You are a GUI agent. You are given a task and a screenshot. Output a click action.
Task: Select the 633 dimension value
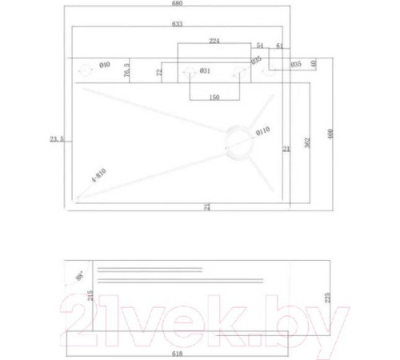[177, 25]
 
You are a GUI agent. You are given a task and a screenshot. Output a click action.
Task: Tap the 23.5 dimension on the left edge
[56, 139]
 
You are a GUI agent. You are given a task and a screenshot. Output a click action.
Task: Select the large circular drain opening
[238, 139]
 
